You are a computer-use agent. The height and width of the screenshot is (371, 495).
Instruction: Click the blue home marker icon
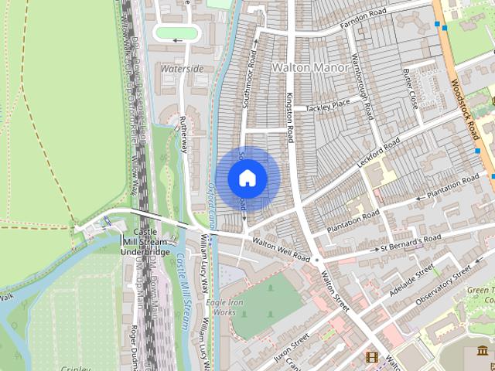247,179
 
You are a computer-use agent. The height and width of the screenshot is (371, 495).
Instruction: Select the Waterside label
183,69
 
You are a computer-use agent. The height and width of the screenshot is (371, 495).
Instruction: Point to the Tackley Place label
328,104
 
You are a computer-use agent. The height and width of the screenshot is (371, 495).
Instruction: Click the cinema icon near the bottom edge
373,358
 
